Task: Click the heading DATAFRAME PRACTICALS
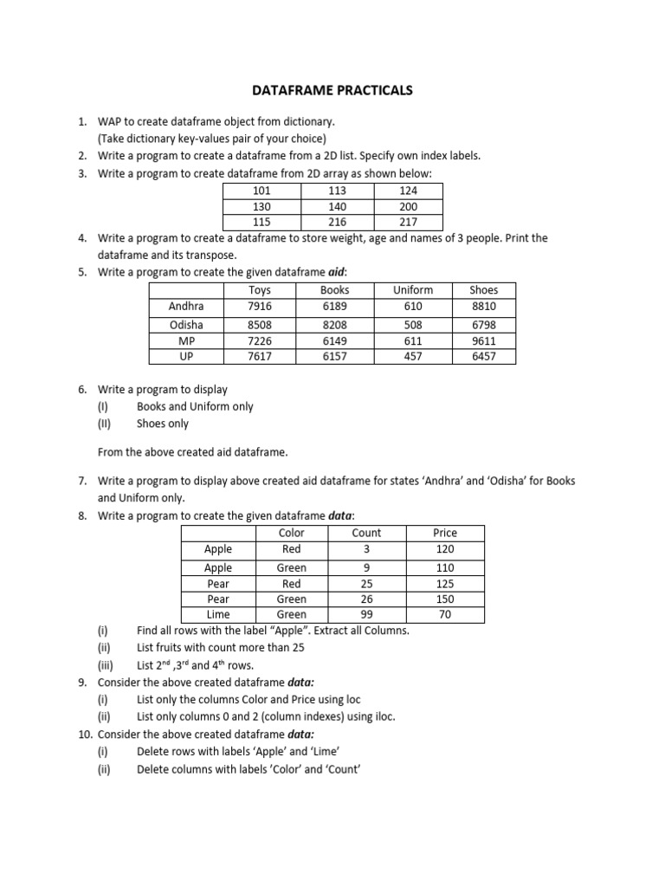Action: click(x=332, y=89)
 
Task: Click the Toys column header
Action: click(x=260, y=290)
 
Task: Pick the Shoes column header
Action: click(x=483, y=290)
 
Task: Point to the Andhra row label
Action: click(x=186, y=307)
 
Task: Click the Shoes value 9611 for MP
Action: click(x=483, y=340)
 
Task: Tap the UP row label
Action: click(x=186, y=356)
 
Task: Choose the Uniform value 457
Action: click(x=412, y=356)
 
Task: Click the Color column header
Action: click(x=292, y=533)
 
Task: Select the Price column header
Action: click(x=445, y=533)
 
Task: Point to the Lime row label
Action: click(x=218, y=614)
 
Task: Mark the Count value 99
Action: click(x=366, y=614)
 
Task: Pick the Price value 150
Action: click(x=445, y=599)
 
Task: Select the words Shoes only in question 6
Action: click(x=162, y=424)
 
